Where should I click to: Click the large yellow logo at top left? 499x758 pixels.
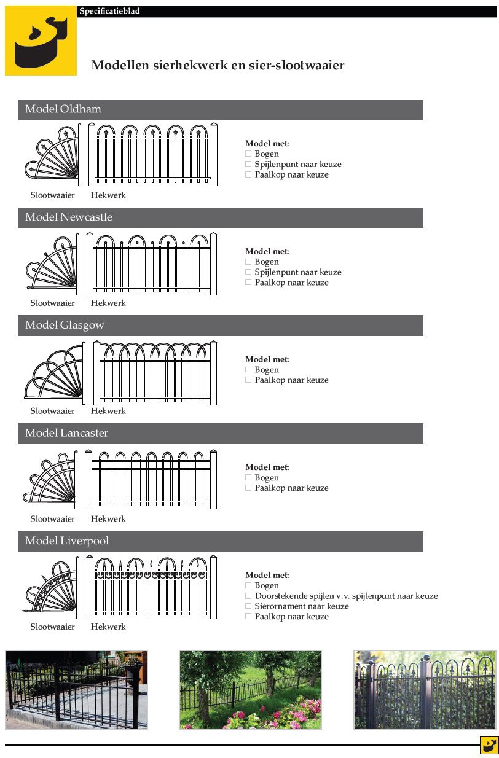pos(41,41)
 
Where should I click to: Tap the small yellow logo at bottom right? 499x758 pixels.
pos(489,745)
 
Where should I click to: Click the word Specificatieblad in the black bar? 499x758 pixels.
pos(109,11)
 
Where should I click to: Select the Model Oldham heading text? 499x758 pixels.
pos(63,109)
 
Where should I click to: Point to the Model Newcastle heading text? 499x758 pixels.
pos(68,217)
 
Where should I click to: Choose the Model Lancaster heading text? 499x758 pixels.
pos(66,433)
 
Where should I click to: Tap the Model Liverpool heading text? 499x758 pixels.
pos(66,541)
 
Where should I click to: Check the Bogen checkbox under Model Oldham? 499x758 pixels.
pos(248,154)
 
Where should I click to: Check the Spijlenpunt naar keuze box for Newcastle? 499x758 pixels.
pos(248,272)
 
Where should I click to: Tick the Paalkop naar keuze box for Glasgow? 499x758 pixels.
pos(248,380)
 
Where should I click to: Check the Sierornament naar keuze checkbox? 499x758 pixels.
pos(248,606)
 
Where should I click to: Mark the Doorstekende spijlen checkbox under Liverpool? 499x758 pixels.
pos(248,596)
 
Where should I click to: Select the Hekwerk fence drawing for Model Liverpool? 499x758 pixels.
pos(152,588)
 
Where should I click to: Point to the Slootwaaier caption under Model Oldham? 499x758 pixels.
pos(52,195)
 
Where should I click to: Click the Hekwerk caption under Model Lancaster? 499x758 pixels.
pos(108,519)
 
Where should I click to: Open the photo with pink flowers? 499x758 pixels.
pos(250,689)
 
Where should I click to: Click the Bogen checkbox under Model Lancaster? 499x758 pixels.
pos(248,478)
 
